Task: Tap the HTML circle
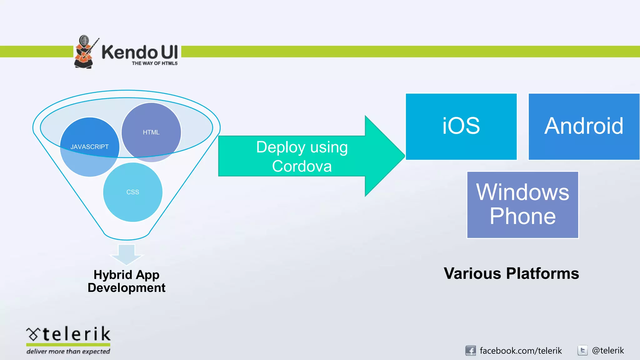(x=151, y=132)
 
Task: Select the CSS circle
(x=133, y=192)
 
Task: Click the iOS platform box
(x=461, y=126)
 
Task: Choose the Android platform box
(x=583, y=126)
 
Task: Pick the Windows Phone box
(x=522, y=205)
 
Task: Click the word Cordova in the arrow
(x=302, y=166)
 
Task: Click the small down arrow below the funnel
(x=127, y=254)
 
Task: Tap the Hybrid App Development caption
(x=127, y=281)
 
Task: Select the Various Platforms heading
(x=511, y=273)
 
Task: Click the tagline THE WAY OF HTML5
(x=155, y=63)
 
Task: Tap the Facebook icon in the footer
(x=470, y=351)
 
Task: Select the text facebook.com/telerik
(x=521, y=351)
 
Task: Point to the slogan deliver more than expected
(x=68, y=352)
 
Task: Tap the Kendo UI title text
(x=140, y=52)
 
